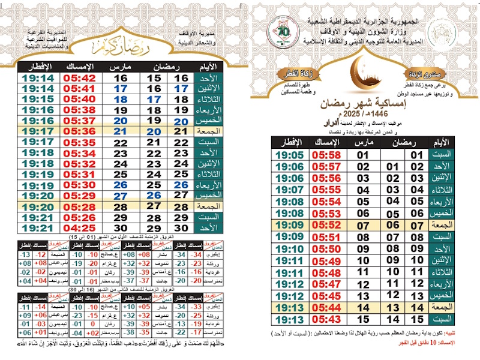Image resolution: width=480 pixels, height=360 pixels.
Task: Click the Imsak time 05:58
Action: click(326, 155)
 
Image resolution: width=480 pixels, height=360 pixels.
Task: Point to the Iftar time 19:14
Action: click(37, 78)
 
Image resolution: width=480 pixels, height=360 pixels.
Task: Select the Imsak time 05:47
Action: click(326, 283)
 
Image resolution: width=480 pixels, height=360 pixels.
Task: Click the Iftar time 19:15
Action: click(37, 99)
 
